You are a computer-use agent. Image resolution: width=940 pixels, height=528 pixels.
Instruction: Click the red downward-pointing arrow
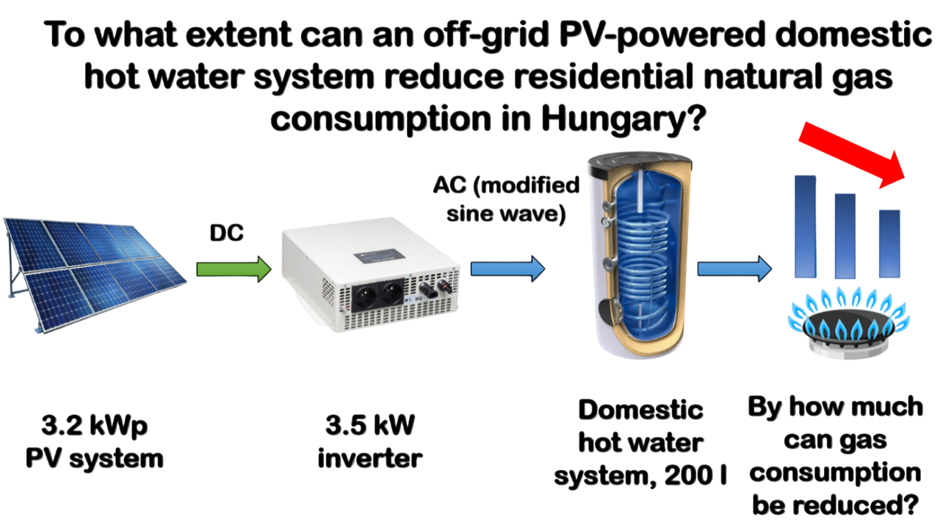[856, 153]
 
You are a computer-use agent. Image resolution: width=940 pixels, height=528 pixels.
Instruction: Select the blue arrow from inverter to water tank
[507, 269]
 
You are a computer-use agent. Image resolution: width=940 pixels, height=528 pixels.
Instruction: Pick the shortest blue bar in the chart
[890, 243]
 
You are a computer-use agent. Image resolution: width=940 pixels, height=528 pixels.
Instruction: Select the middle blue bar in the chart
[846, 235]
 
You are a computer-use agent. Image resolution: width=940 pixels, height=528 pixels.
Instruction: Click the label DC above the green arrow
[227, 233]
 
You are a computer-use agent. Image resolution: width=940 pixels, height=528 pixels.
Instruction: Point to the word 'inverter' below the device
[371, 459]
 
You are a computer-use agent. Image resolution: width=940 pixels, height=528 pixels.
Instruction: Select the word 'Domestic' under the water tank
[640, 410]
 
